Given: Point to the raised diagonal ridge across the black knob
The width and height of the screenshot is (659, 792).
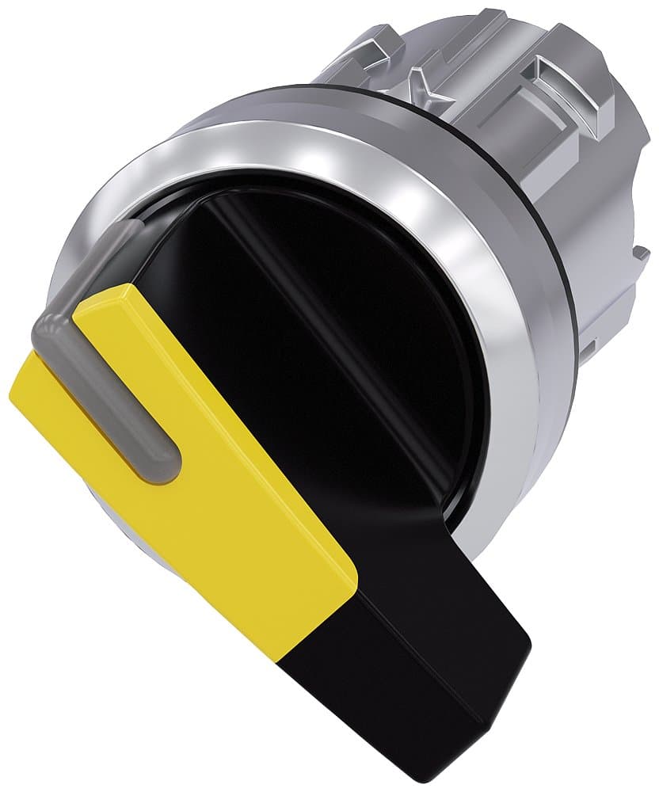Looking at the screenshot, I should pos(317,293).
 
